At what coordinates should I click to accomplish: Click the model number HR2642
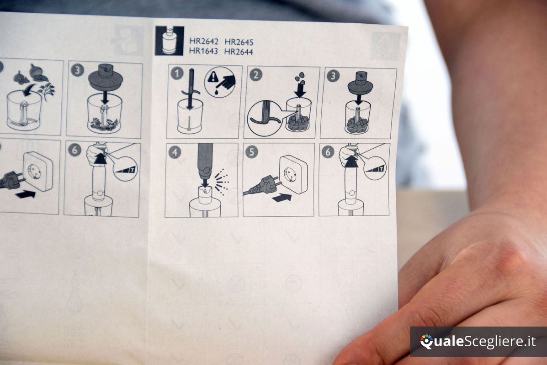(x=204, y=42)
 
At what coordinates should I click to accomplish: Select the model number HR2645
(x=239, y=42)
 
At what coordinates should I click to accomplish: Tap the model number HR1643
(x=203, y=51)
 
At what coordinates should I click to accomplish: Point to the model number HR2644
(x=239, y=52)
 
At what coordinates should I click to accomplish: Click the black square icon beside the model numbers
(x=169, y=41)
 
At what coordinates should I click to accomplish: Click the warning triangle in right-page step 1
(x=212, y=77)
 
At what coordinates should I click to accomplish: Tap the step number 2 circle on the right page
(x=256, y=75)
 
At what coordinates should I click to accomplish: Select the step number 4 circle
(x=175, y=152)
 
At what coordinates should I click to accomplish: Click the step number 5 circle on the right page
(x=252, y=152)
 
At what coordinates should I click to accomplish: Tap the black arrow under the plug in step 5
(x=282, y=198)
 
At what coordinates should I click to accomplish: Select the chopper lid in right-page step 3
(x=361, y=83)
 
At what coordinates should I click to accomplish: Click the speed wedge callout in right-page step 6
(x=375, y=168)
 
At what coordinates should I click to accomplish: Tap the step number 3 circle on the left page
(x=77, y=71)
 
